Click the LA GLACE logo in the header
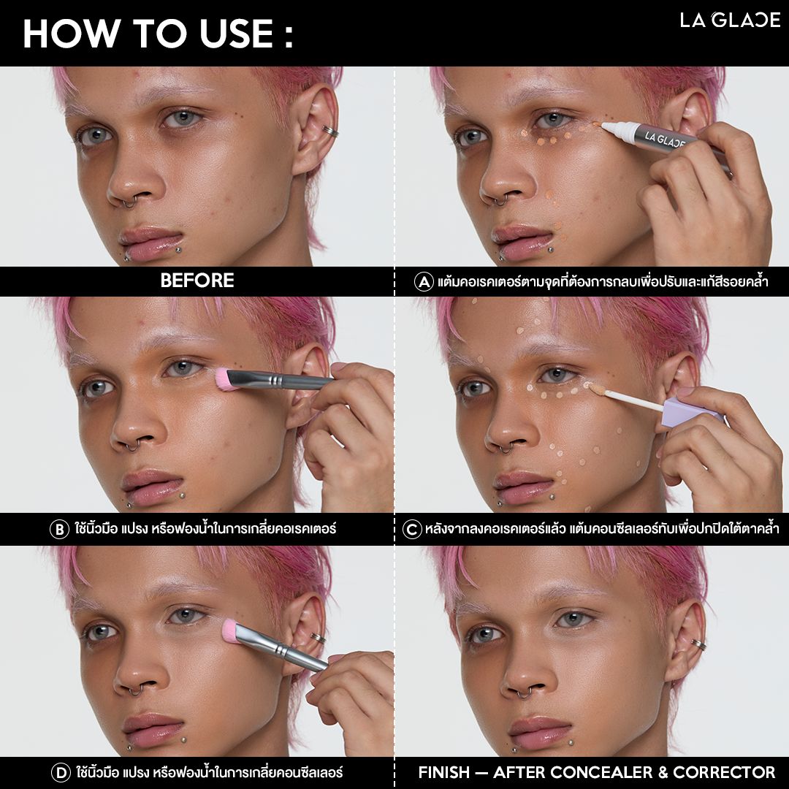pyautogui.click(x=730, y=20)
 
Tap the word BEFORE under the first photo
pyautogui.click(x=197, y=281)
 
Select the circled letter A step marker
pyautogui.click(x=424, y=281)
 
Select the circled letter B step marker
pyautogui.click(x=59, y=530)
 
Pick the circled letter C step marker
pyautogui.click(x=412, y=530)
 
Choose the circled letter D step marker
pyautogui.click(x=61, y=772)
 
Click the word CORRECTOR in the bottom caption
pyautogui.click(x=724, y=772)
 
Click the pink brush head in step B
pyautogui.click(x=224, y=379)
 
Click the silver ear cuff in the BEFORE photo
pyautogui.click(x=330, y=131)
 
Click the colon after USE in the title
pyautogui.click(x=289, y=35)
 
